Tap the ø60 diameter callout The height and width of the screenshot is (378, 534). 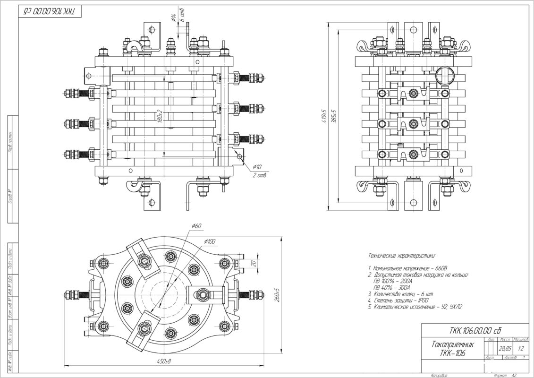point(196,226)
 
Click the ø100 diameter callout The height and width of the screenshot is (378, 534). point(210,241)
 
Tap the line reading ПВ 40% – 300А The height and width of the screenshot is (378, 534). point(392,287)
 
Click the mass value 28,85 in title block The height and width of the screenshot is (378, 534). point(504,348)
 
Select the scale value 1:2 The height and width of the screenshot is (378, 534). point(520,348)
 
